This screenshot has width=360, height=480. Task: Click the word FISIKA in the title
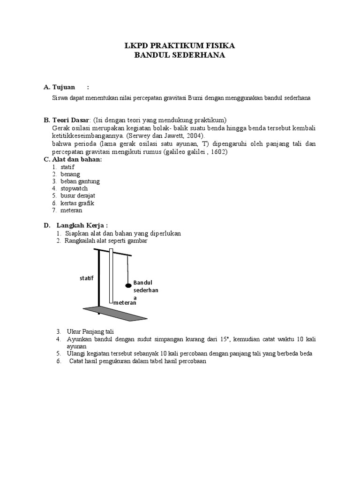click(x=219, y=46)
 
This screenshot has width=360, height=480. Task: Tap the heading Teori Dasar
click(x=71, y=120)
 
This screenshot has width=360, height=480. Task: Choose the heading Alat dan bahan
click(x=77, y=159)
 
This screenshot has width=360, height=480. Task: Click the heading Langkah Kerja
click(x=82, y=225)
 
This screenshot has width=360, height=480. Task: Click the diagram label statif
click(x=87, y=278)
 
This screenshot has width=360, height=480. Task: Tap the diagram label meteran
click(x=125, y=303)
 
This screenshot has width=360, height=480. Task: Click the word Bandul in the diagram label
click(x=143, y=283)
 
